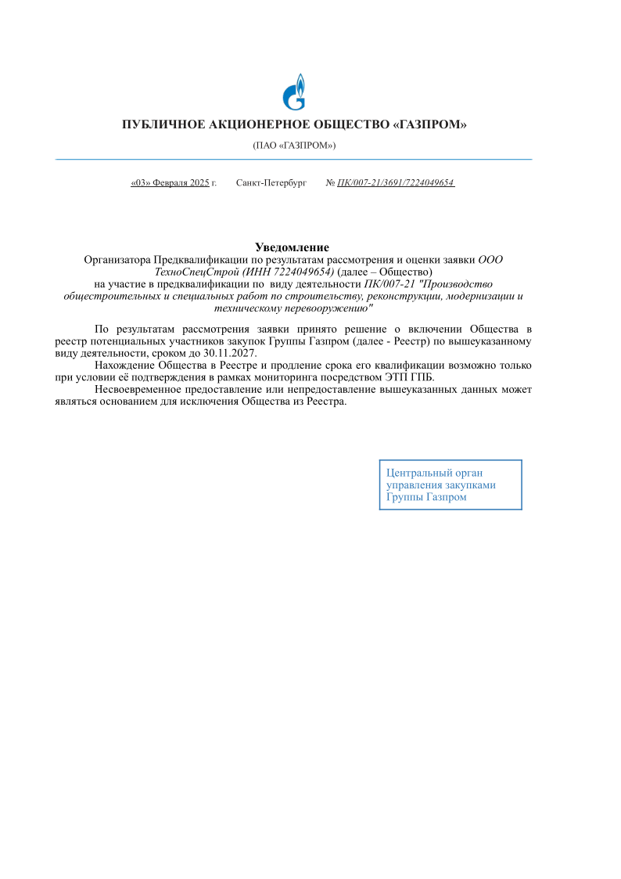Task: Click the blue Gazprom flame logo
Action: (294, 92)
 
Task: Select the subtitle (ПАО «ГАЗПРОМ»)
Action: (294, 146)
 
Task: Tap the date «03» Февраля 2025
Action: (170, 182)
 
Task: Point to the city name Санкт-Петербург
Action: (271, 182)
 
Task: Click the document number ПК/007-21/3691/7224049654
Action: (395, 182)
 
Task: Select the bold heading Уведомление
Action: (292, 247)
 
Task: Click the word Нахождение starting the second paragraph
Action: (124, 366)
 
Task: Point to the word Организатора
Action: (117, 259)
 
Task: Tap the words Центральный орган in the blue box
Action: (435, 472)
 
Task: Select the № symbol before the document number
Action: (330, 182)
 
